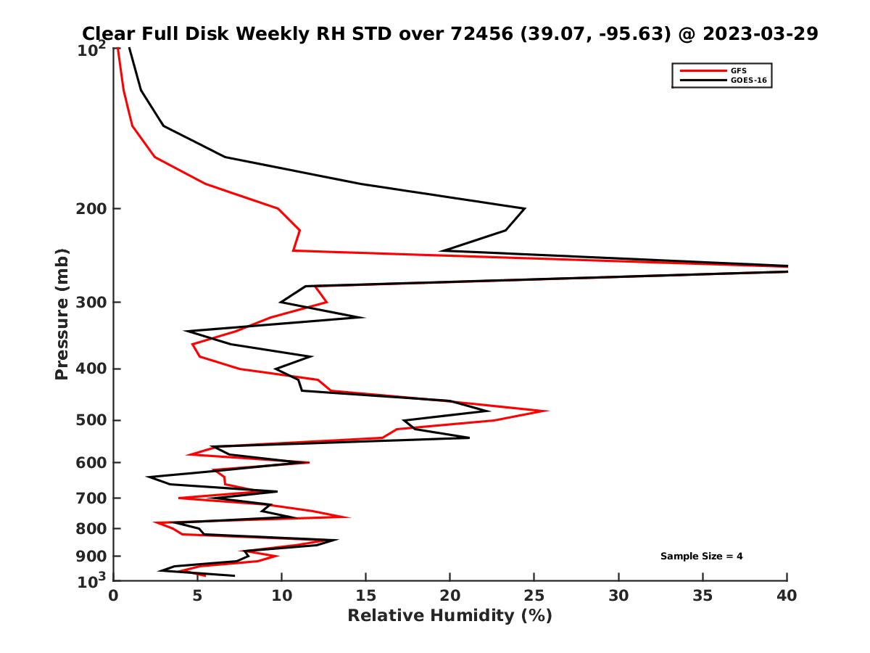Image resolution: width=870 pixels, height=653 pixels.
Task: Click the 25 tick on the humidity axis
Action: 534,596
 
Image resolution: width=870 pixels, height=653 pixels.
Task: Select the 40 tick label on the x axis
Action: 787,596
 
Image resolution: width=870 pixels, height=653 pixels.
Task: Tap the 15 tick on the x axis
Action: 365,596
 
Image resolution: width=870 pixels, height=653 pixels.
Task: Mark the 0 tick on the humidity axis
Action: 114,596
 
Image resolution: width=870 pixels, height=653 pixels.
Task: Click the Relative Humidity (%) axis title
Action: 449,616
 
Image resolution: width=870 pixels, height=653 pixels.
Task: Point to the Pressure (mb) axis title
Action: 62,313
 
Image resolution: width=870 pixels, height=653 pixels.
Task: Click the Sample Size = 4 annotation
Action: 701,557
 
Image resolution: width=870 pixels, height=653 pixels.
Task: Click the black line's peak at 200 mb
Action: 523,209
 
